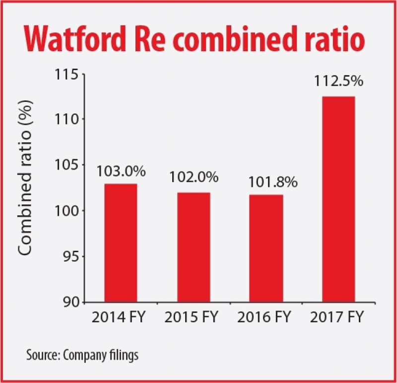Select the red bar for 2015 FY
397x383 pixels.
click(x=193, y=247)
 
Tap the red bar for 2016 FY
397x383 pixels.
click(x=266, y=248)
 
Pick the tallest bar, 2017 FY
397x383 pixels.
click(x=338, y=199)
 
